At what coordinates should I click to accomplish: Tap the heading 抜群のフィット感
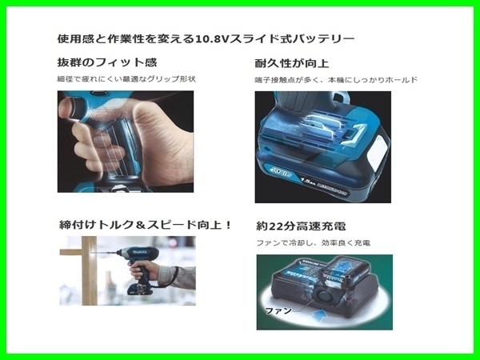[x=106, y=62]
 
